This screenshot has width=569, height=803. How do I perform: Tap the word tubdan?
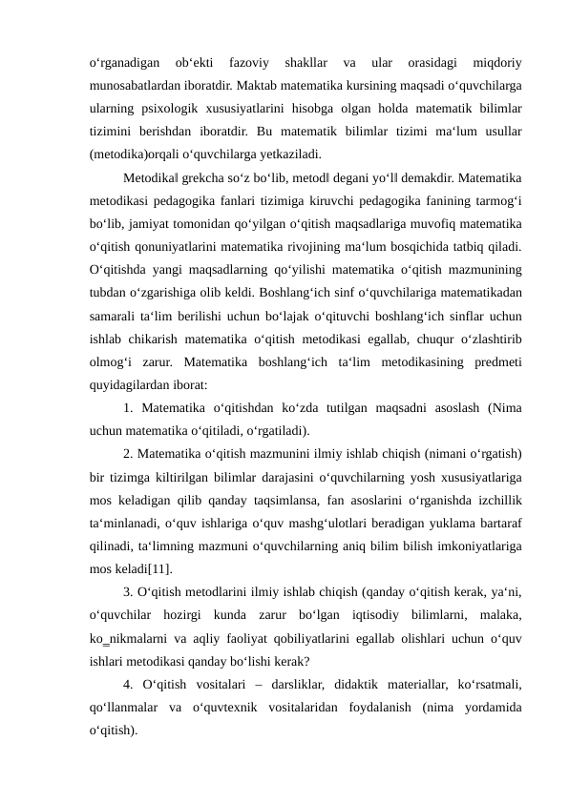[x=105, y=296]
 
